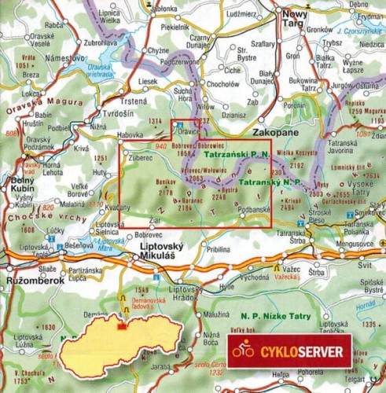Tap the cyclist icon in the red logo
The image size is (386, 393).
[244, 350]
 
